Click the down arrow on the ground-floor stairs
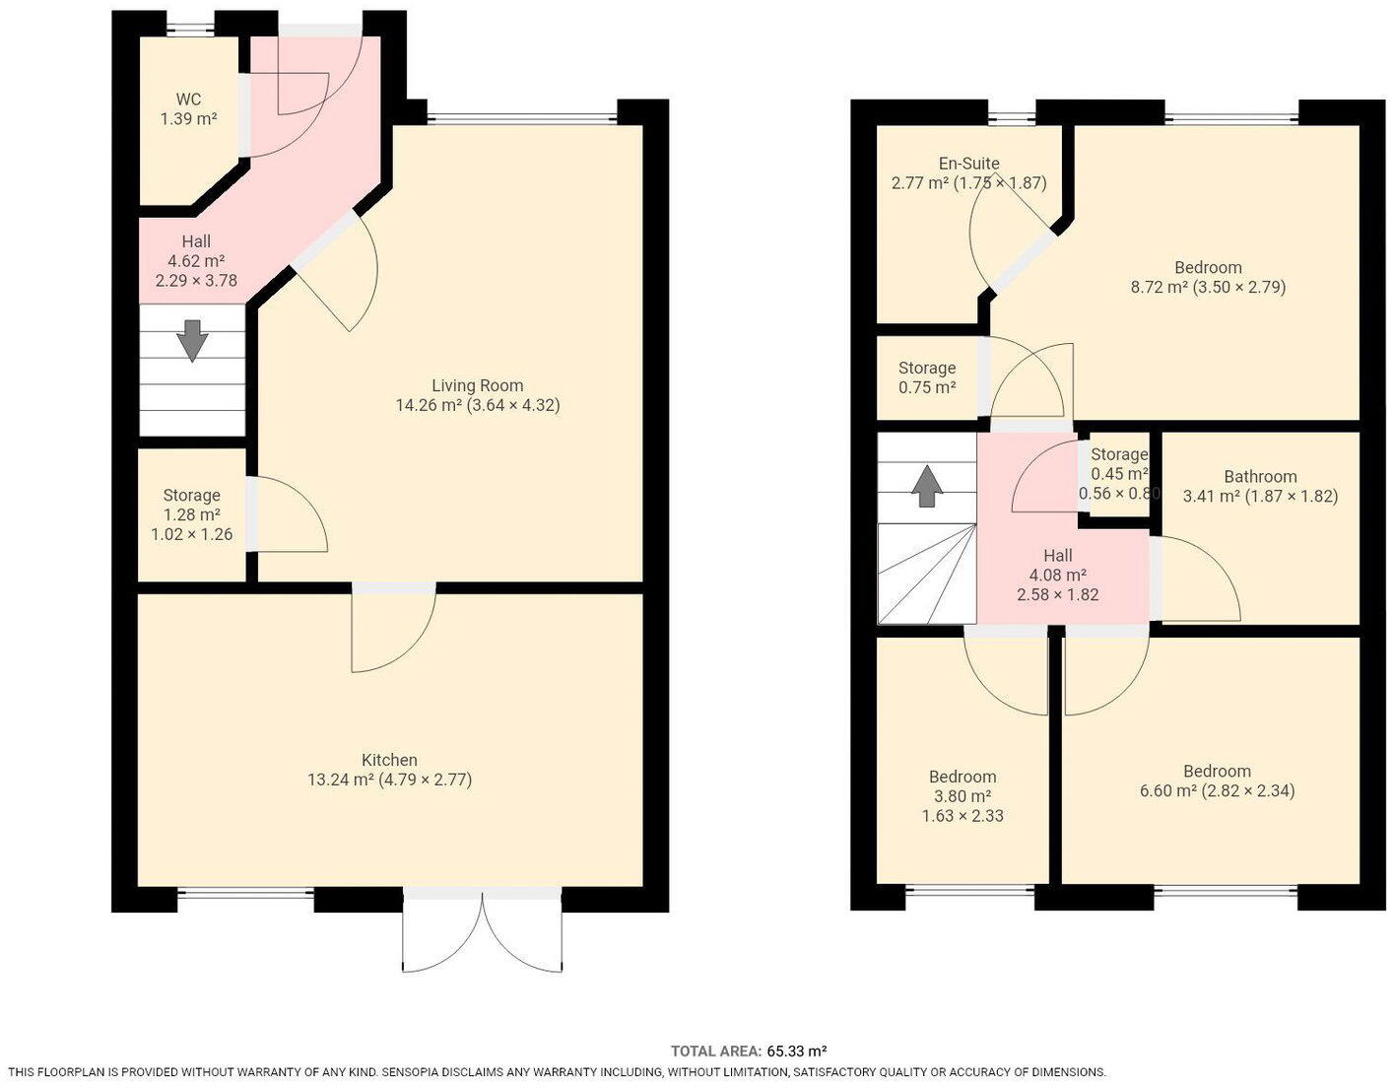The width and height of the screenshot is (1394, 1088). coord(191,341)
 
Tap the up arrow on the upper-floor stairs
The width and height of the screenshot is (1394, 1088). coord(926,486)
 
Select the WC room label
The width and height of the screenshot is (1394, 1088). coord(188,99)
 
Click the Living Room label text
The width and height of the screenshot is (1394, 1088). coord(478,385)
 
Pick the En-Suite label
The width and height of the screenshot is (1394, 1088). coord(968,164)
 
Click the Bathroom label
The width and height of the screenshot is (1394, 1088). coord(1260,476)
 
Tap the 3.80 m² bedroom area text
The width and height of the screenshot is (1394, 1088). coord(962,796)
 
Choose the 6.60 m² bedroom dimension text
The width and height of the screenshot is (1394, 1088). coord(1248,790)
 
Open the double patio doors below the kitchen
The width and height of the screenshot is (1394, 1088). coord(482,931)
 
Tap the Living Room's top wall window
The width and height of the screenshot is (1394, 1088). coord(521,119)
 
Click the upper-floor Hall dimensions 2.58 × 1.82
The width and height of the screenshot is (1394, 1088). coord(1057,594)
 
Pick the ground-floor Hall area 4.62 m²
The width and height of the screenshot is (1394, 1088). coord(195,261)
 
